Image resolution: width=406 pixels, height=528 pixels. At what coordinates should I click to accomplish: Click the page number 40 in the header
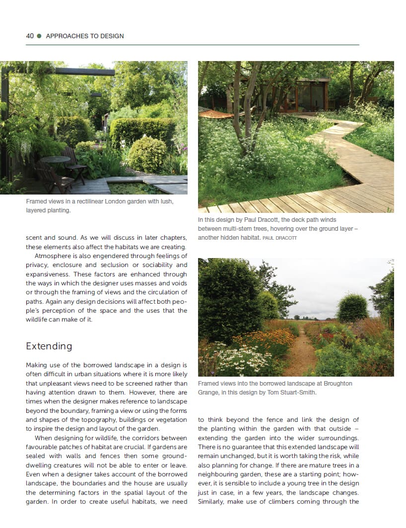[x=30, y=36]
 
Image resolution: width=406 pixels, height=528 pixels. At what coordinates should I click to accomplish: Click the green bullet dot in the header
[x=39, y=36]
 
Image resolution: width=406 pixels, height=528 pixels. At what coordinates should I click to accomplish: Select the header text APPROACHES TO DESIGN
[x=84, y=36]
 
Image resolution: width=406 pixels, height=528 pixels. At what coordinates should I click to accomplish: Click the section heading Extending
[x=49, y=346]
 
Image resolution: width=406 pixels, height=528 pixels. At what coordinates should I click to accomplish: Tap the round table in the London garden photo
[x=55, y=160]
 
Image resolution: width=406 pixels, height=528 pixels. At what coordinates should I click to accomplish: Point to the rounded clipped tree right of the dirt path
[x=352, y=308]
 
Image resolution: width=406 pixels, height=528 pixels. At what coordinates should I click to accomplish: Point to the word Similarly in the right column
[x=213, y=501]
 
